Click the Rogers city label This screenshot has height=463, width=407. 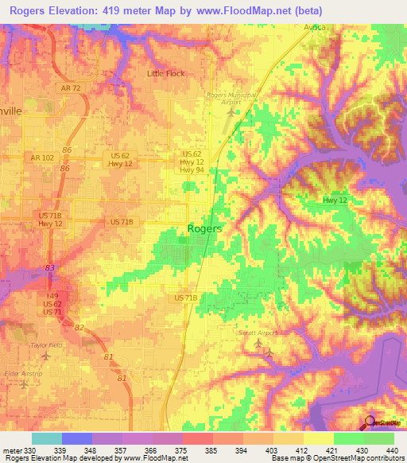pos(204,228)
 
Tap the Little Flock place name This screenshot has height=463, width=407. pos(165,73)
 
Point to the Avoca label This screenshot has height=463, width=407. pos(316,25)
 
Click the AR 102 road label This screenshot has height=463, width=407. pos(42,158)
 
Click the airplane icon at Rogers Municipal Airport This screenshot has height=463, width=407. pos(231,111)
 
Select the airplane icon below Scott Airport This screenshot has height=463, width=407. pos(269,352)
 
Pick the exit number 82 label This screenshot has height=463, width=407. pos(78,327)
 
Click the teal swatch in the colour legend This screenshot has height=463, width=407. pos(46,438)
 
